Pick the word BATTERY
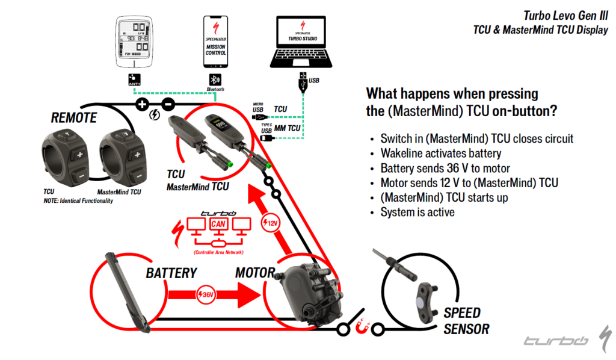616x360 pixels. pyautogui.click(x=171, y=273)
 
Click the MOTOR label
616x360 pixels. pyautogui.click(x=254, y=273)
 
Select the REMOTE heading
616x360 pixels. pyautogui.click(x=73, y=117)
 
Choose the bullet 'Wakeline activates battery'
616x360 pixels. pyautogui.click(x=441, y=154)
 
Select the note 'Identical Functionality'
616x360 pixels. pyautogui.click(x=78, y=200)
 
